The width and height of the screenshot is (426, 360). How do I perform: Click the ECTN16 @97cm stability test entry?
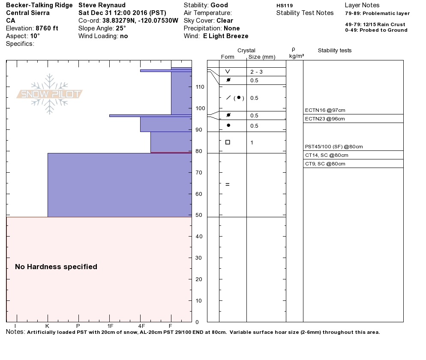click(x=325, y=111)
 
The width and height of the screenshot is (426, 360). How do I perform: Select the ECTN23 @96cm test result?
click(x=325, y=119)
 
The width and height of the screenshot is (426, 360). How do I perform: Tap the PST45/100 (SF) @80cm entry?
click(x=334, y=147)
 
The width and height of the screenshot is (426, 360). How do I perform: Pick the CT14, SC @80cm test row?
click(x=327, y=155)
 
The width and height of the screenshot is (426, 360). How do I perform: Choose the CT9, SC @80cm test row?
click(x=325, y=164)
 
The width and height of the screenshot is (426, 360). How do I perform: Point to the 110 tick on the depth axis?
click(x=200, y=87)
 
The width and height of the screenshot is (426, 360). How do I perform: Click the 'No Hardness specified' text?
click(x=56, y=267)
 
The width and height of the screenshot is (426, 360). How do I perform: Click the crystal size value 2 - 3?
click(x=256, y=72)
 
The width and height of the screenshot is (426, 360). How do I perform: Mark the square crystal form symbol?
click(x=228, y=142)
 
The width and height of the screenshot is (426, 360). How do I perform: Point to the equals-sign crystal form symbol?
click(x=228, y=185)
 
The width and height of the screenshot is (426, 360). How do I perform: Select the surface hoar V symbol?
click(x=228, y=72)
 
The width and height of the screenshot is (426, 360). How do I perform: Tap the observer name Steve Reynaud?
click(x=102, y=5)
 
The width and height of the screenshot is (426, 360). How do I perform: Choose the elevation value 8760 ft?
click(x=47, y=28)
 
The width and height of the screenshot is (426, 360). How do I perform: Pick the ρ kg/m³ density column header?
click(x=294, y=53)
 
